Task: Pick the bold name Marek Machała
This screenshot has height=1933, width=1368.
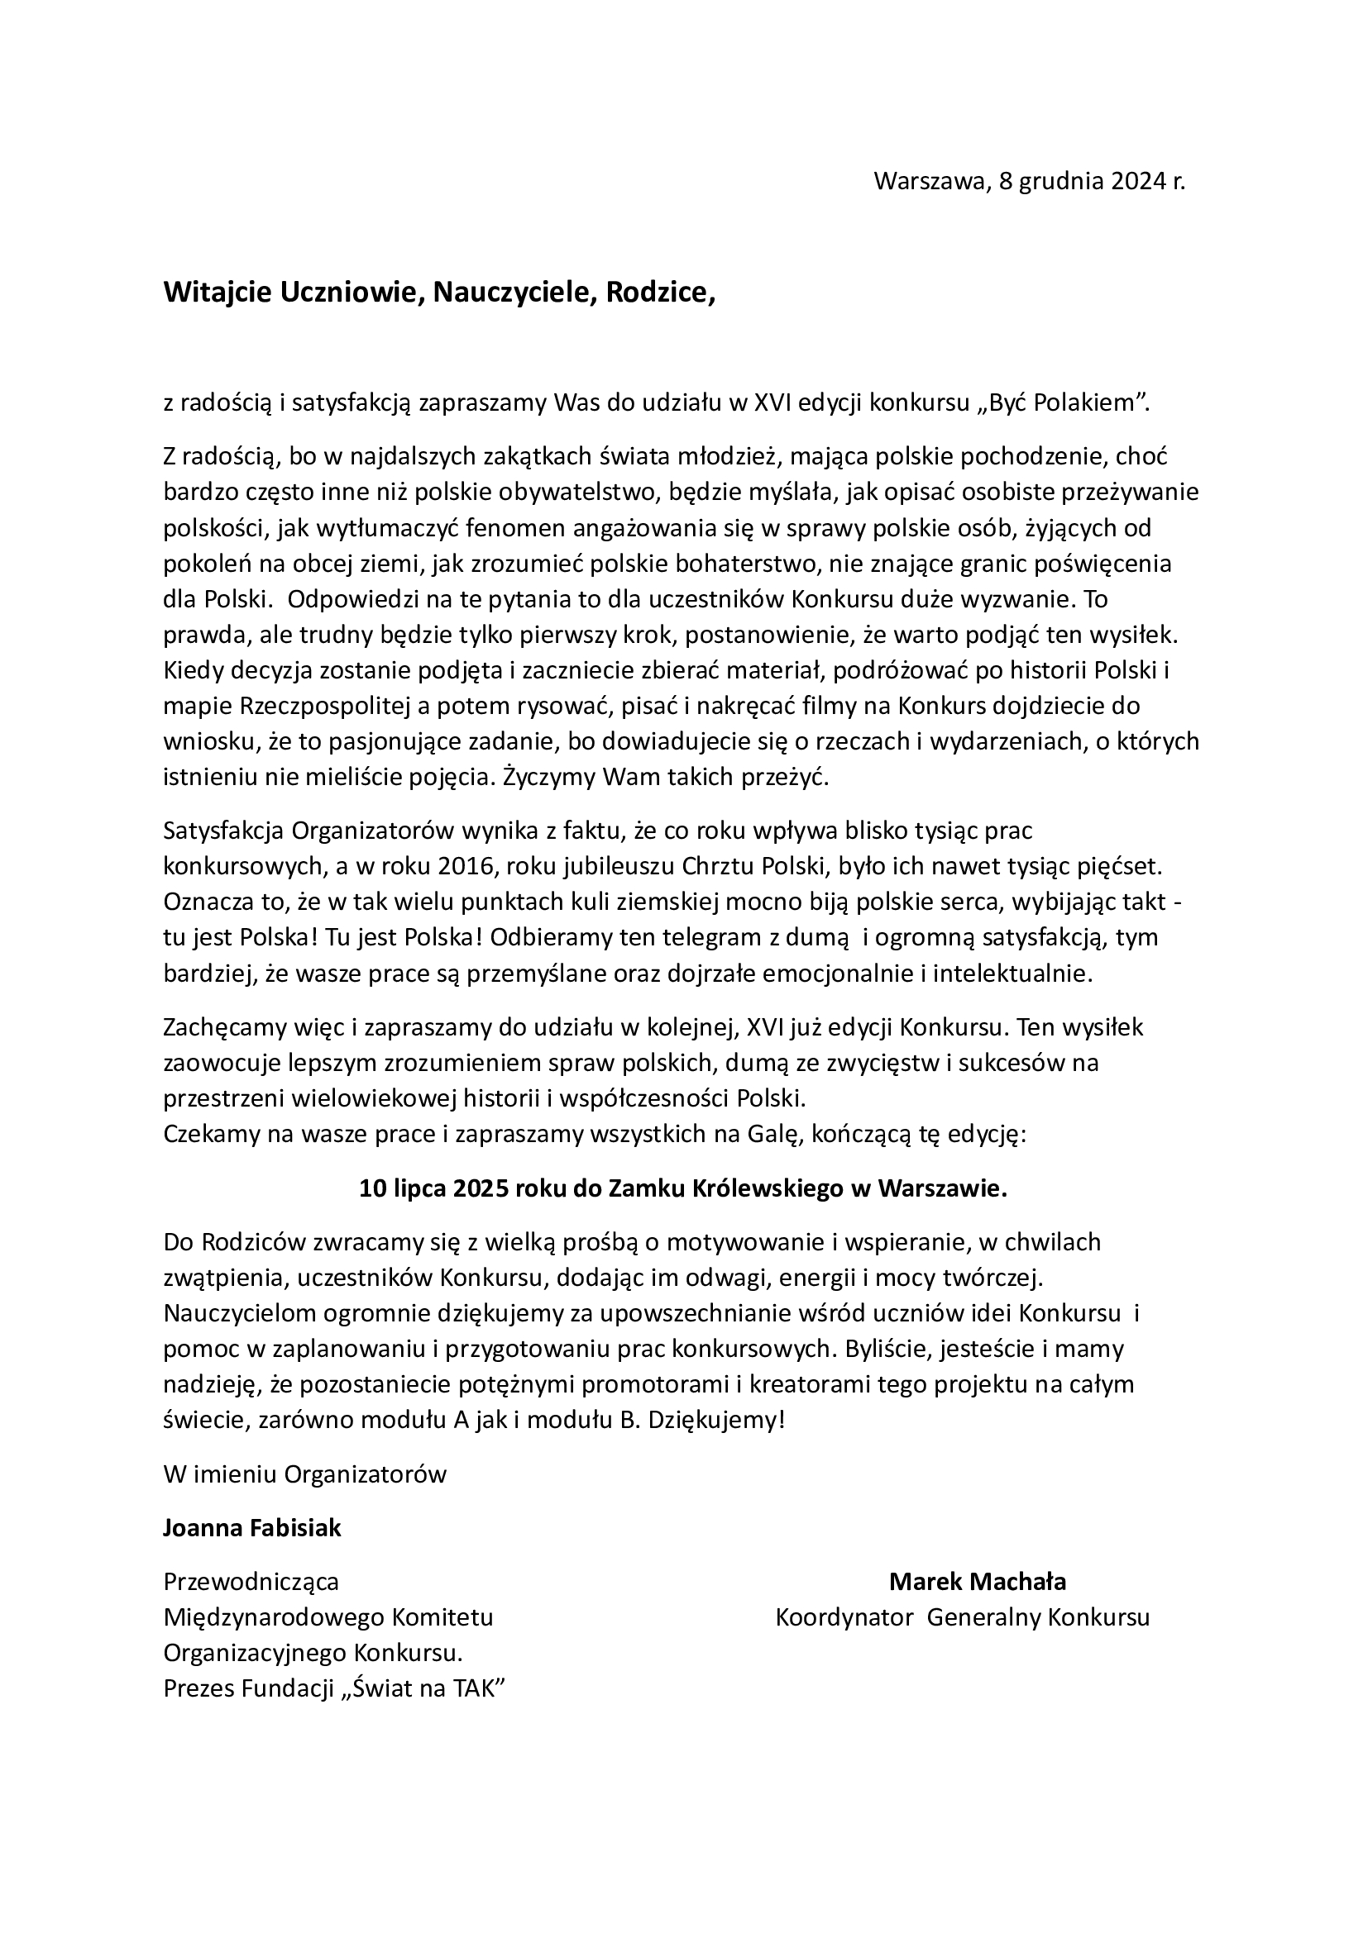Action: coord(977,1582)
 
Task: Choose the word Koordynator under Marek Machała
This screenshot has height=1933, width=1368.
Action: coord(844,1617)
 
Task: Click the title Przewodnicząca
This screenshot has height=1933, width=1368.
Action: coord(251,1582)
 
